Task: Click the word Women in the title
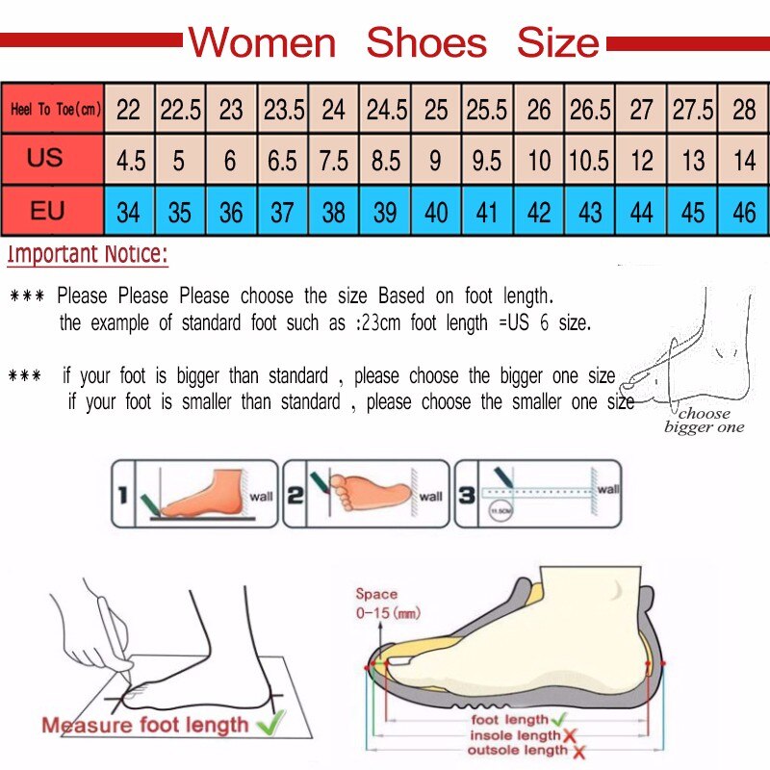pyautogui.click(x=262, y=43)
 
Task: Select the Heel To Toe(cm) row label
pyautogui.click(x=55, y=110)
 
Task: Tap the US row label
pyautogui.click(x=45, y=159)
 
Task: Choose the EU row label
pyautogui.click(x=46, y=211)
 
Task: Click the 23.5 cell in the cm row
pyautogui.click(x=284, y=110)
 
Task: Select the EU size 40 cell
pyautogui.click(x=436, y=212)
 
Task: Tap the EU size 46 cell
pyautogui.click(x=744, y=212)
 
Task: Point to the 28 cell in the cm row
pyautogui.click(x=744, y=110)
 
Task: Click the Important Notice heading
pyautogui.click(x=88, y=255)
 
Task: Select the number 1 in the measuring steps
pyautogui.click(x=123, y=496)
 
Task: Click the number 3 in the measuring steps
pyautogui.click(x=467, y=496)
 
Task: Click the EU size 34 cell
pyautogui.click(x=128, y=212)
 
